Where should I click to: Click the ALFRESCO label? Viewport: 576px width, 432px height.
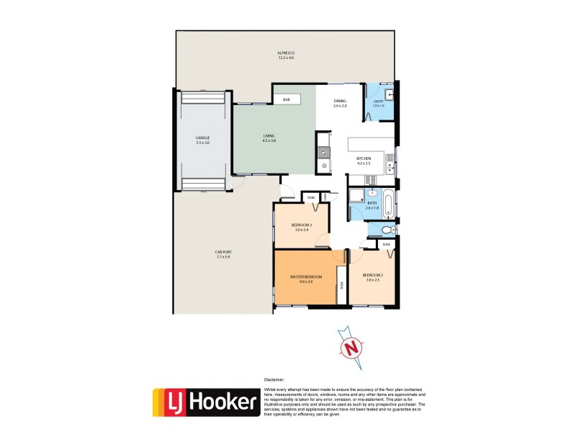[287, 54]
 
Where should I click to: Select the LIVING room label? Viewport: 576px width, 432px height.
[269, 138]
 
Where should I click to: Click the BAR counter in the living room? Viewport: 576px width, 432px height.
[286, 99]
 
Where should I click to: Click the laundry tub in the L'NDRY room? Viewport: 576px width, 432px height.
[389, 95]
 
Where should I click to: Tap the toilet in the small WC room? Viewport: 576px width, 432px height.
[387, 230]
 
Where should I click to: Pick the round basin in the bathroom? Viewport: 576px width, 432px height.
[372, 194]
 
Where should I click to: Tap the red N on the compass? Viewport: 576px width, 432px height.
[352, 348]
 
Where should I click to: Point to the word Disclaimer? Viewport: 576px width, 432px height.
[274, 378]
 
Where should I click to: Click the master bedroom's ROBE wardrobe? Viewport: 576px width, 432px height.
[341, 284]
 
